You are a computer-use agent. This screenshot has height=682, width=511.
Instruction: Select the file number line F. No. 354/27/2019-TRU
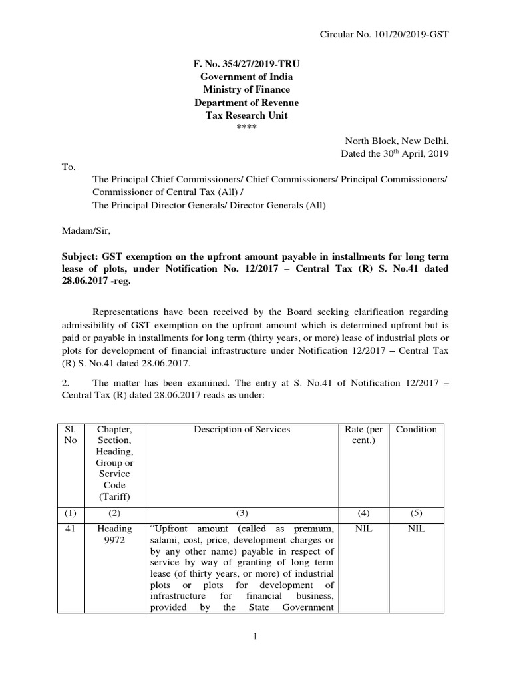[246, 64]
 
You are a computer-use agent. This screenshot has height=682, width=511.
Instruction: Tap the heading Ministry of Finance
[246, 90]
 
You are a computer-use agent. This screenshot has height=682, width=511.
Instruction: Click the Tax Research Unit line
[246, 115]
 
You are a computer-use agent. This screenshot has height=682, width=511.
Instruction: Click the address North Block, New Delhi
[397, 141]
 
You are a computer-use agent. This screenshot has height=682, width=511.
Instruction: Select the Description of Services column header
[242, 430]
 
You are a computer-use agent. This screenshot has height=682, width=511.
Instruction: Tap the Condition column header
[416, 430]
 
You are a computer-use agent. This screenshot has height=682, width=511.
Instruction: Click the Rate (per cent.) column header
[364, 435]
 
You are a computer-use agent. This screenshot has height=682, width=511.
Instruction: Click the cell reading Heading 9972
[114, 535]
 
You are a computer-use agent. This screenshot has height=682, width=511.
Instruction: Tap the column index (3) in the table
[242, 513]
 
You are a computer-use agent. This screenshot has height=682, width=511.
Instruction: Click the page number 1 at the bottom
[255, 637]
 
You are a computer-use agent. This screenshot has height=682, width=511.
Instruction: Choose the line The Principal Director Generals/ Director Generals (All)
[209, 205]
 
